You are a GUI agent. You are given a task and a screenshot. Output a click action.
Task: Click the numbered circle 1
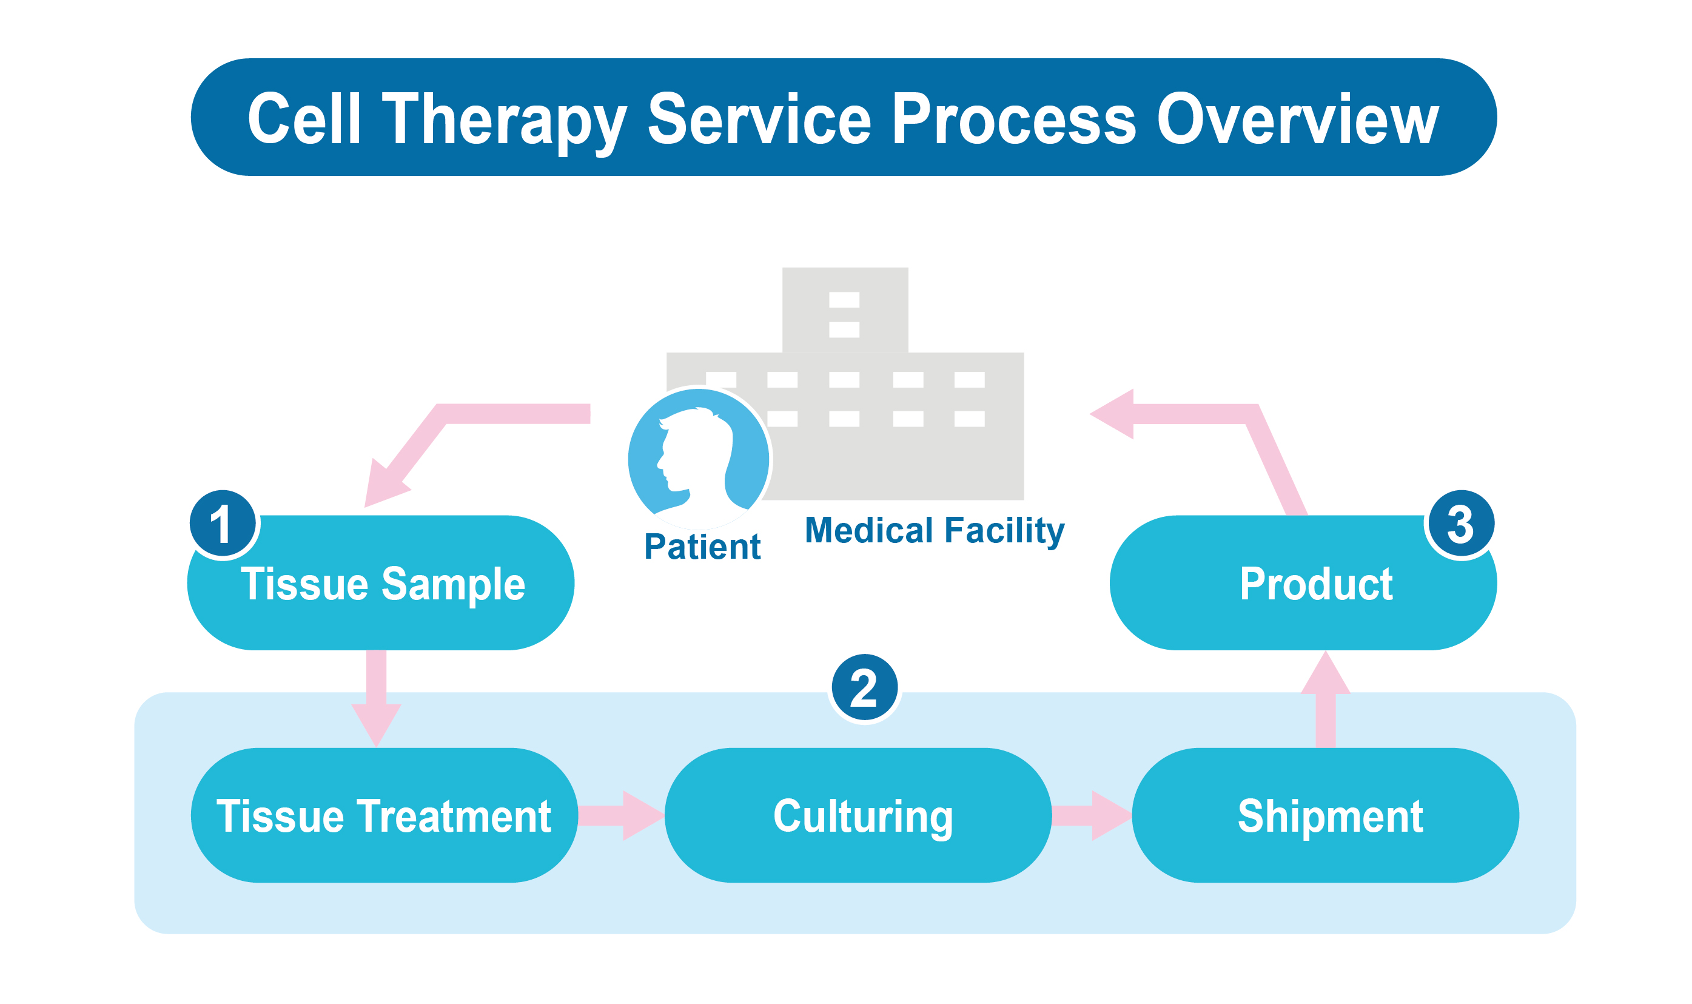pyautogui.click(x=223, y=523)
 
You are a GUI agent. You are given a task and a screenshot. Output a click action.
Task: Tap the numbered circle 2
pyautogui.click(x=864, y=687)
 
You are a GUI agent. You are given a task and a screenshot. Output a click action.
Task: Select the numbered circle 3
pyautogui.click(x=1460, y=523)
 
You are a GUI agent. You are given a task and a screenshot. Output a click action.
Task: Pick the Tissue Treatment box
pyautogui.click(x=383, y=816)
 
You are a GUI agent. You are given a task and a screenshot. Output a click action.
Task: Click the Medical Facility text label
pyautogui.click(x=934, y=530)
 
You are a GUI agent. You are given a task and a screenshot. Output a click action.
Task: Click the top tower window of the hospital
pyautogui.click(x=844, y=300)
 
